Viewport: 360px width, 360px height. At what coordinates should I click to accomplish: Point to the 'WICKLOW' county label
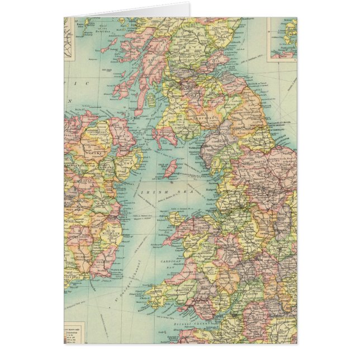(111, 229)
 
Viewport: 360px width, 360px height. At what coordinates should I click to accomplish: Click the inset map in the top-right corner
(282, 38)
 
